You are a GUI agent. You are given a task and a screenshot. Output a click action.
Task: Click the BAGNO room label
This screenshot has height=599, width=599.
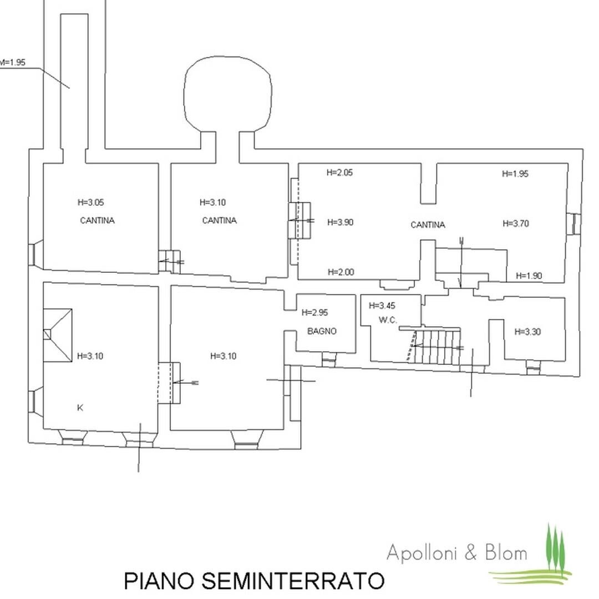coord(322,331)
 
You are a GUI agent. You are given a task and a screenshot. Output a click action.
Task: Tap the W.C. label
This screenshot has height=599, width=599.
coord(388,320)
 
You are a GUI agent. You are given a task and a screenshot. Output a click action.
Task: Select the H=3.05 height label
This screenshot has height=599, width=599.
coord(90,202)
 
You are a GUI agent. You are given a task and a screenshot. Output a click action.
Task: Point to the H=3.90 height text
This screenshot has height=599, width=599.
coord(340,222)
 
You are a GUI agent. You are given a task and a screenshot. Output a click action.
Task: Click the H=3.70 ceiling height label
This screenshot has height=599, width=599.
coord(516,224)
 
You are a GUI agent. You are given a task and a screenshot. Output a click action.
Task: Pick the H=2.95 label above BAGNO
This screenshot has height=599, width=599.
coord(314,312)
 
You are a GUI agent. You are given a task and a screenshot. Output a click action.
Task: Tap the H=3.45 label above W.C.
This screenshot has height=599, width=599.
coord(382,306)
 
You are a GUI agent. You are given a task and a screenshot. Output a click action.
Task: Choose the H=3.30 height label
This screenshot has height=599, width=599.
coord(527,332)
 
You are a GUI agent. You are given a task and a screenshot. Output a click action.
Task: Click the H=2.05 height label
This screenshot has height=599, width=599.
coord(339,172)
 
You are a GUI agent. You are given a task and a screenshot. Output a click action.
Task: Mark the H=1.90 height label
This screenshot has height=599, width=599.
coord(529,276)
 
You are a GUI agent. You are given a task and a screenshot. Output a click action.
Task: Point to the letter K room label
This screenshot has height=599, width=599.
coord(80,408)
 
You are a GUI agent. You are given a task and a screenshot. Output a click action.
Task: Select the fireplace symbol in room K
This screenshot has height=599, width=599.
coord(57,335)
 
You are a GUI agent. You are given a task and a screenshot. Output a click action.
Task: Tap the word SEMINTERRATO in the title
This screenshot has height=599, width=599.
coord(293,581)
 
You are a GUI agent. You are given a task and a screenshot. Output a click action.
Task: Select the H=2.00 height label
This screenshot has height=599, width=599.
coord(341,272)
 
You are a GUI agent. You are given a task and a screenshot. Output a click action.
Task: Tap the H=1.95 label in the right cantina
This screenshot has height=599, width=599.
coord(515,174)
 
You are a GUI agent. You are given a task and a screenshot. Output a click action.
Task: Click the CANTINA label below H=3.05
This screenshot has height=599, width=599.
coord(98,220)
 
